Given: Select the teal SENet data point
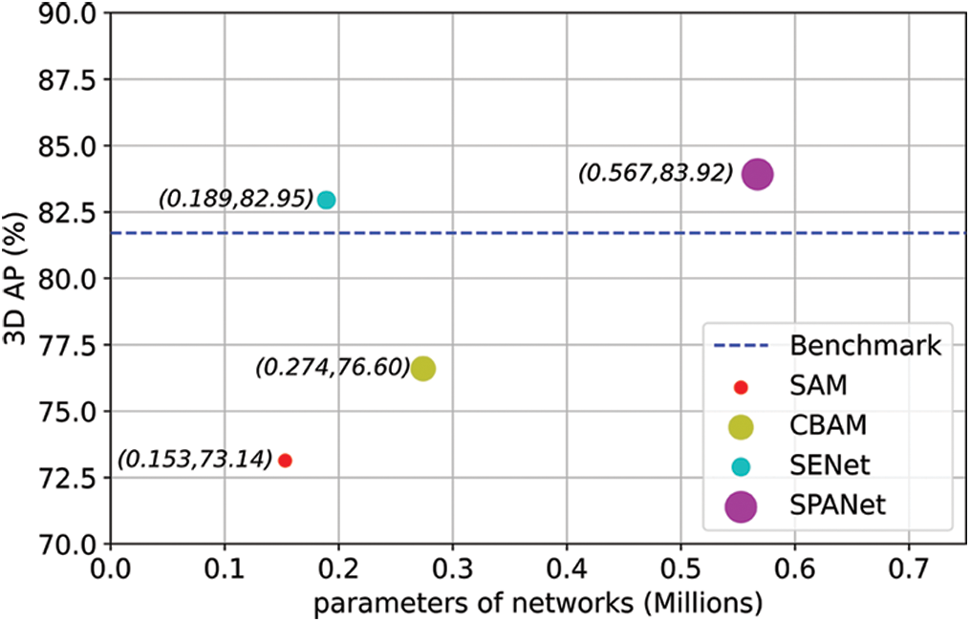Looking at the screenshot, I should pos(326,200).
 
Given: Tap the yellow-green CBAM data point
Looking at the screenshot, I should pos(423,368).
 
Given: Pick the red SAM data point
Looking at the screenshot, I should pos(285,461).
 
